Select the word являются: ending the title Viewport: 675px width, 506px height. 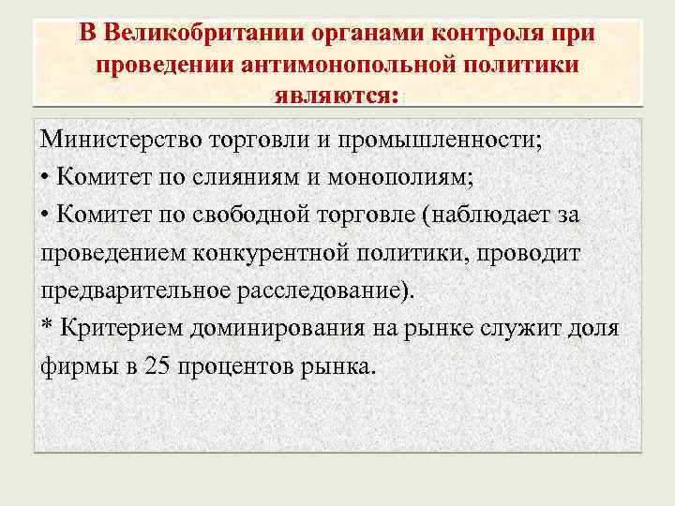click(x=337, y=96)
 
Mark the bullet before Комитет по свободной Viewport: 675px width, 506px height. click(x=46, y=216)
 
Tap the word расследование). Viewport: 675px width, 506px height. click(x=321, y=290)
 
